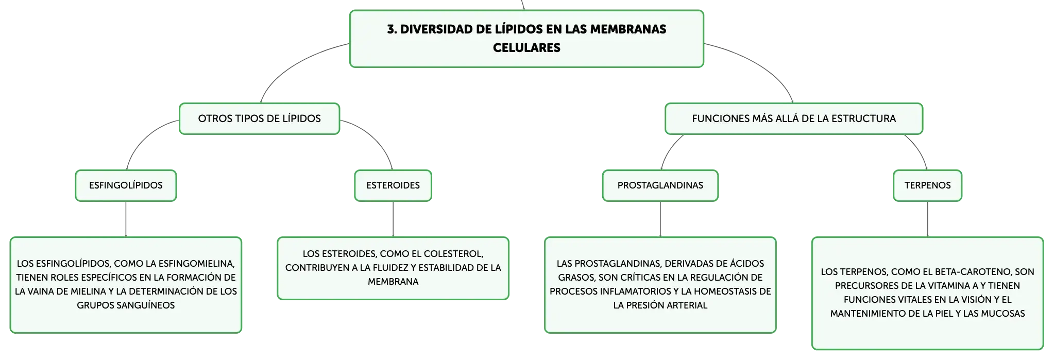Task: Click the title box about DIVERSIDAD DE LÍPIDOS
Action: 526,39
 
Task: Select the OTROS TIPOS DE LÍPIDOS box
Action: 259,118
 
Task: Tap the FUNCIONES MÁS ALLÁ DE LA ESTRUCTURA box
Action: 794,118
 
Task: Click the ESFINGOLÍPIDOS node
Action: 126,185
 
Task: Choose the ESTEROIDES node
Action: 393,185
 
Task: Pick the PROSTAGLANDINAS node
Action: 660,185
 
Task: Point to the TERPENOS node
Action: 927,185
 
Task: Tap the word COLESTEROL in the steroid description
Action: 453,254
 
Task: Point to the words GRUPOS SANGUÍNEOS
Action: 126,305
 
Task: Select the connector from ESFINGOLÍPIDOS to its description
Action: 126,219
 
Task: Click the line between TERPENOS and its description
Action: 927,219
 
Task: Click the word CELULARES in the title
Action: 526,48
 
